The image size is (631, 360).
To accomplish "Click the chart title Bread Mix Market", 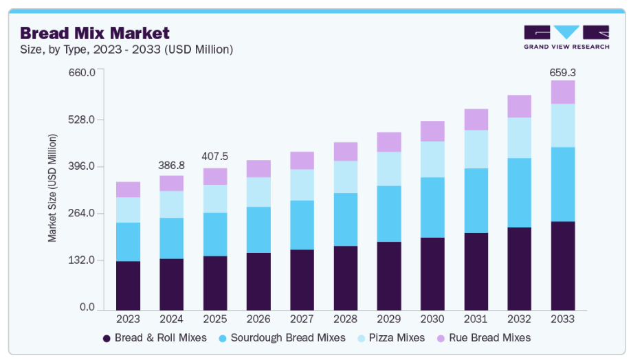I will [94, 32].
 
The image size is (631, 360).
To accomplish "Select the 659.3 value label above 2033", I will [562, 71].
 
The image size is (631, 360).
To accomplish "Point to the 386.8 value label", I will [171, 166].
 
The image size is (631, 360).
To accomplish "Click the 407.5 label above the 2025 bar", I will [214, 157].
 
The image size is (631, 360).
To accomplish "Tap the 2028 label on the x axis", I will [345, 319].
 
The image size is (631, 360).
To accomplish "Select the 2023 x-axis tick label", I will [128, 319].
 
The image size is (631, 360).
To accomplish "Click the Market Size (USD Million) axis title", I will [52, 188].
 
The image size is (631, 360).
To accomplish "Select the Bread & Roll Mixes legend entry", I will [156, 338].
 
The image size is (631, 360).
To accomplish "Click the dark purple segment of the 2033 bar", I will [562, 265].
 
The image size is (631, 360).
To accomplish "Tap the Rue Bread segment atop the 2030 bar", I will [432, 131].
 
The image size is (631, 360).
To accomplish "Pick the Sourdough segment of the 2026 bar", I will [258, 229].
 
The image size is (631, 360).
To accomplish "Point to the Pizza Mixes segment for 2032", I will [519, 137].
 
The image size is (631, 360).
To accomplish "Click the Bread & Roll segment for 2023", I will [128, 285].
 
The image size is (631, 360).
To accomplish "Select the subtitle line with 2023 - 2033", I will [126, 49].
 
